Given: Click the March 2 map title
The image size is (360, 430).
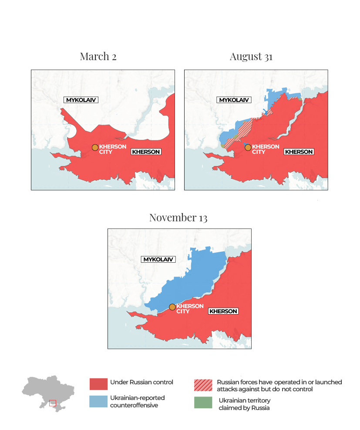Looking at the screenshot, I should point(98,56).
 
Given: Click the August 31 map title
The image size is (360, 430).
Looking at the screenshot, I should point(251,56).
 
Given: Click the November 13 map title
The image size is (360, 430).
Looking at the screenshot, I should point(178,217).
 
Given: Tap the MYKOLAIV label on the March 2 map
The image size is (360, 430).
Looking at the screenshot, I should point(81,100).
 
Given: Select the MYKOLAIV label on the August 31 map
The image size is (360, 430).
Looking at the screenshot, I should point(234,100).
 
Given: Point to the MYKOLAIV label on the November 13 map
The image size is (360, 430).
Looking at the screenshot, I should point(158,259).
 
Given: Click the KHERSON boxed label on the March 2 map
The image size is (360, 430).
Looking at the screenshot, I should point(146,152).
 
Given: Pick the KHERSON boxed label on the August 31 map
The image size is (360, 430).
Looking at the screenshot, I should point(299,152).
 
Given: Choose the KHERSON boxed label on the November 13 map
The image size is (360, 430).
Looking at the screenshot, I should point(223,311).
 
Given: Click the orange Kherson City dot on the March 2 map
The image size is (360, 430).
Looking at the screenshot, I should point(95,148).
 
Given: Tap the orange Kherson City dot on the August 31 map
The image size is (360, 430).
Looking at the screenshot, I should point(248,148).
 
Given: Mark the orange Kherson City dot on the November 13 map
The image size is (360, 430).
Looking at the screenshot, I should point(172,307).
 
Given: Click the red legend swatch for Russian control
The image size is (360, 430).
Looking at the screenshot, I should point(98,384).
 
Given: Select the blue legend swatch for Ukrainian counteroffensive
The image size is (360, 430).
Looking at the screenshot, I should point(98,401).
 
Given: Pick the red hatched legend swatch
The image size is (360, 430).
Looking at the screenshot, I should point(203,385).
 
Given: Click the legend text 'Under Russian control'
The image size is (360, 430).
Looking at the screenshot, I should point(141,382).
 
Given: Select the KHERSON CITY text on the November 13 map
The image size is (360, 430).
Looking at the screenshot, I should point(190,308).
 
